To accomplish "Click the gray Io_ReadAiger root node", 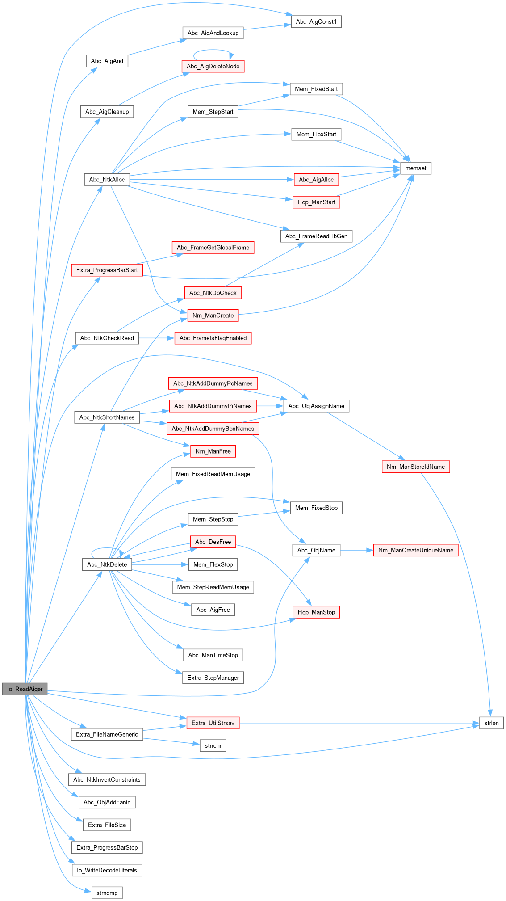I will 25,689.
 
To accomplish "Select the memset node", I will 415,168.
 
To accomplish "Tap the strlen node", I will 491,723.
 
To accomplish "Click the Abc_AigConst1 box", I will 316,21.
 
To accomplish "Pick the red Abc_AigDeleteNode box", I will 213,66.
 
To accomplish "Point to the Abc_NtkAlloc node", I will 107,180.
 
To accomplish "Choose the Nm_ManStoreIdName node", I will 415,467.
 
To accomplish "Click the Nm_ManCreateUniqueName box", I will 415,550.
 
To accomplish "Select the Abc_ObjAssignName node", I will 316,406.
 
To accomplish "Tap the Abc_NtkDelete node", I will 107,564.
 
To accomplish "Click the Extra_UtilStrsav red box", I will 213,723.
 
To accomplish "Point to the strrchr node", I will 213,745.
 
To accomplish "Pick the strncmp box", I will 107,893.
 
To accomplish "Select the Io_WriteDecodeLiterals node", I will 107,870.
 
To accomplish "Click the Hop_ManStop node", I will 316,612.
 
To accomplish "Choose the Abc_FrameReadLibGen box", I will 316,236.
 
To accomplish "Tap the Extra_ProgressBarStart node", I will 107,270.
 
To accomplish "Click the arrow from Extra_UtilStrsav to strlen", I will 357,723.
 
